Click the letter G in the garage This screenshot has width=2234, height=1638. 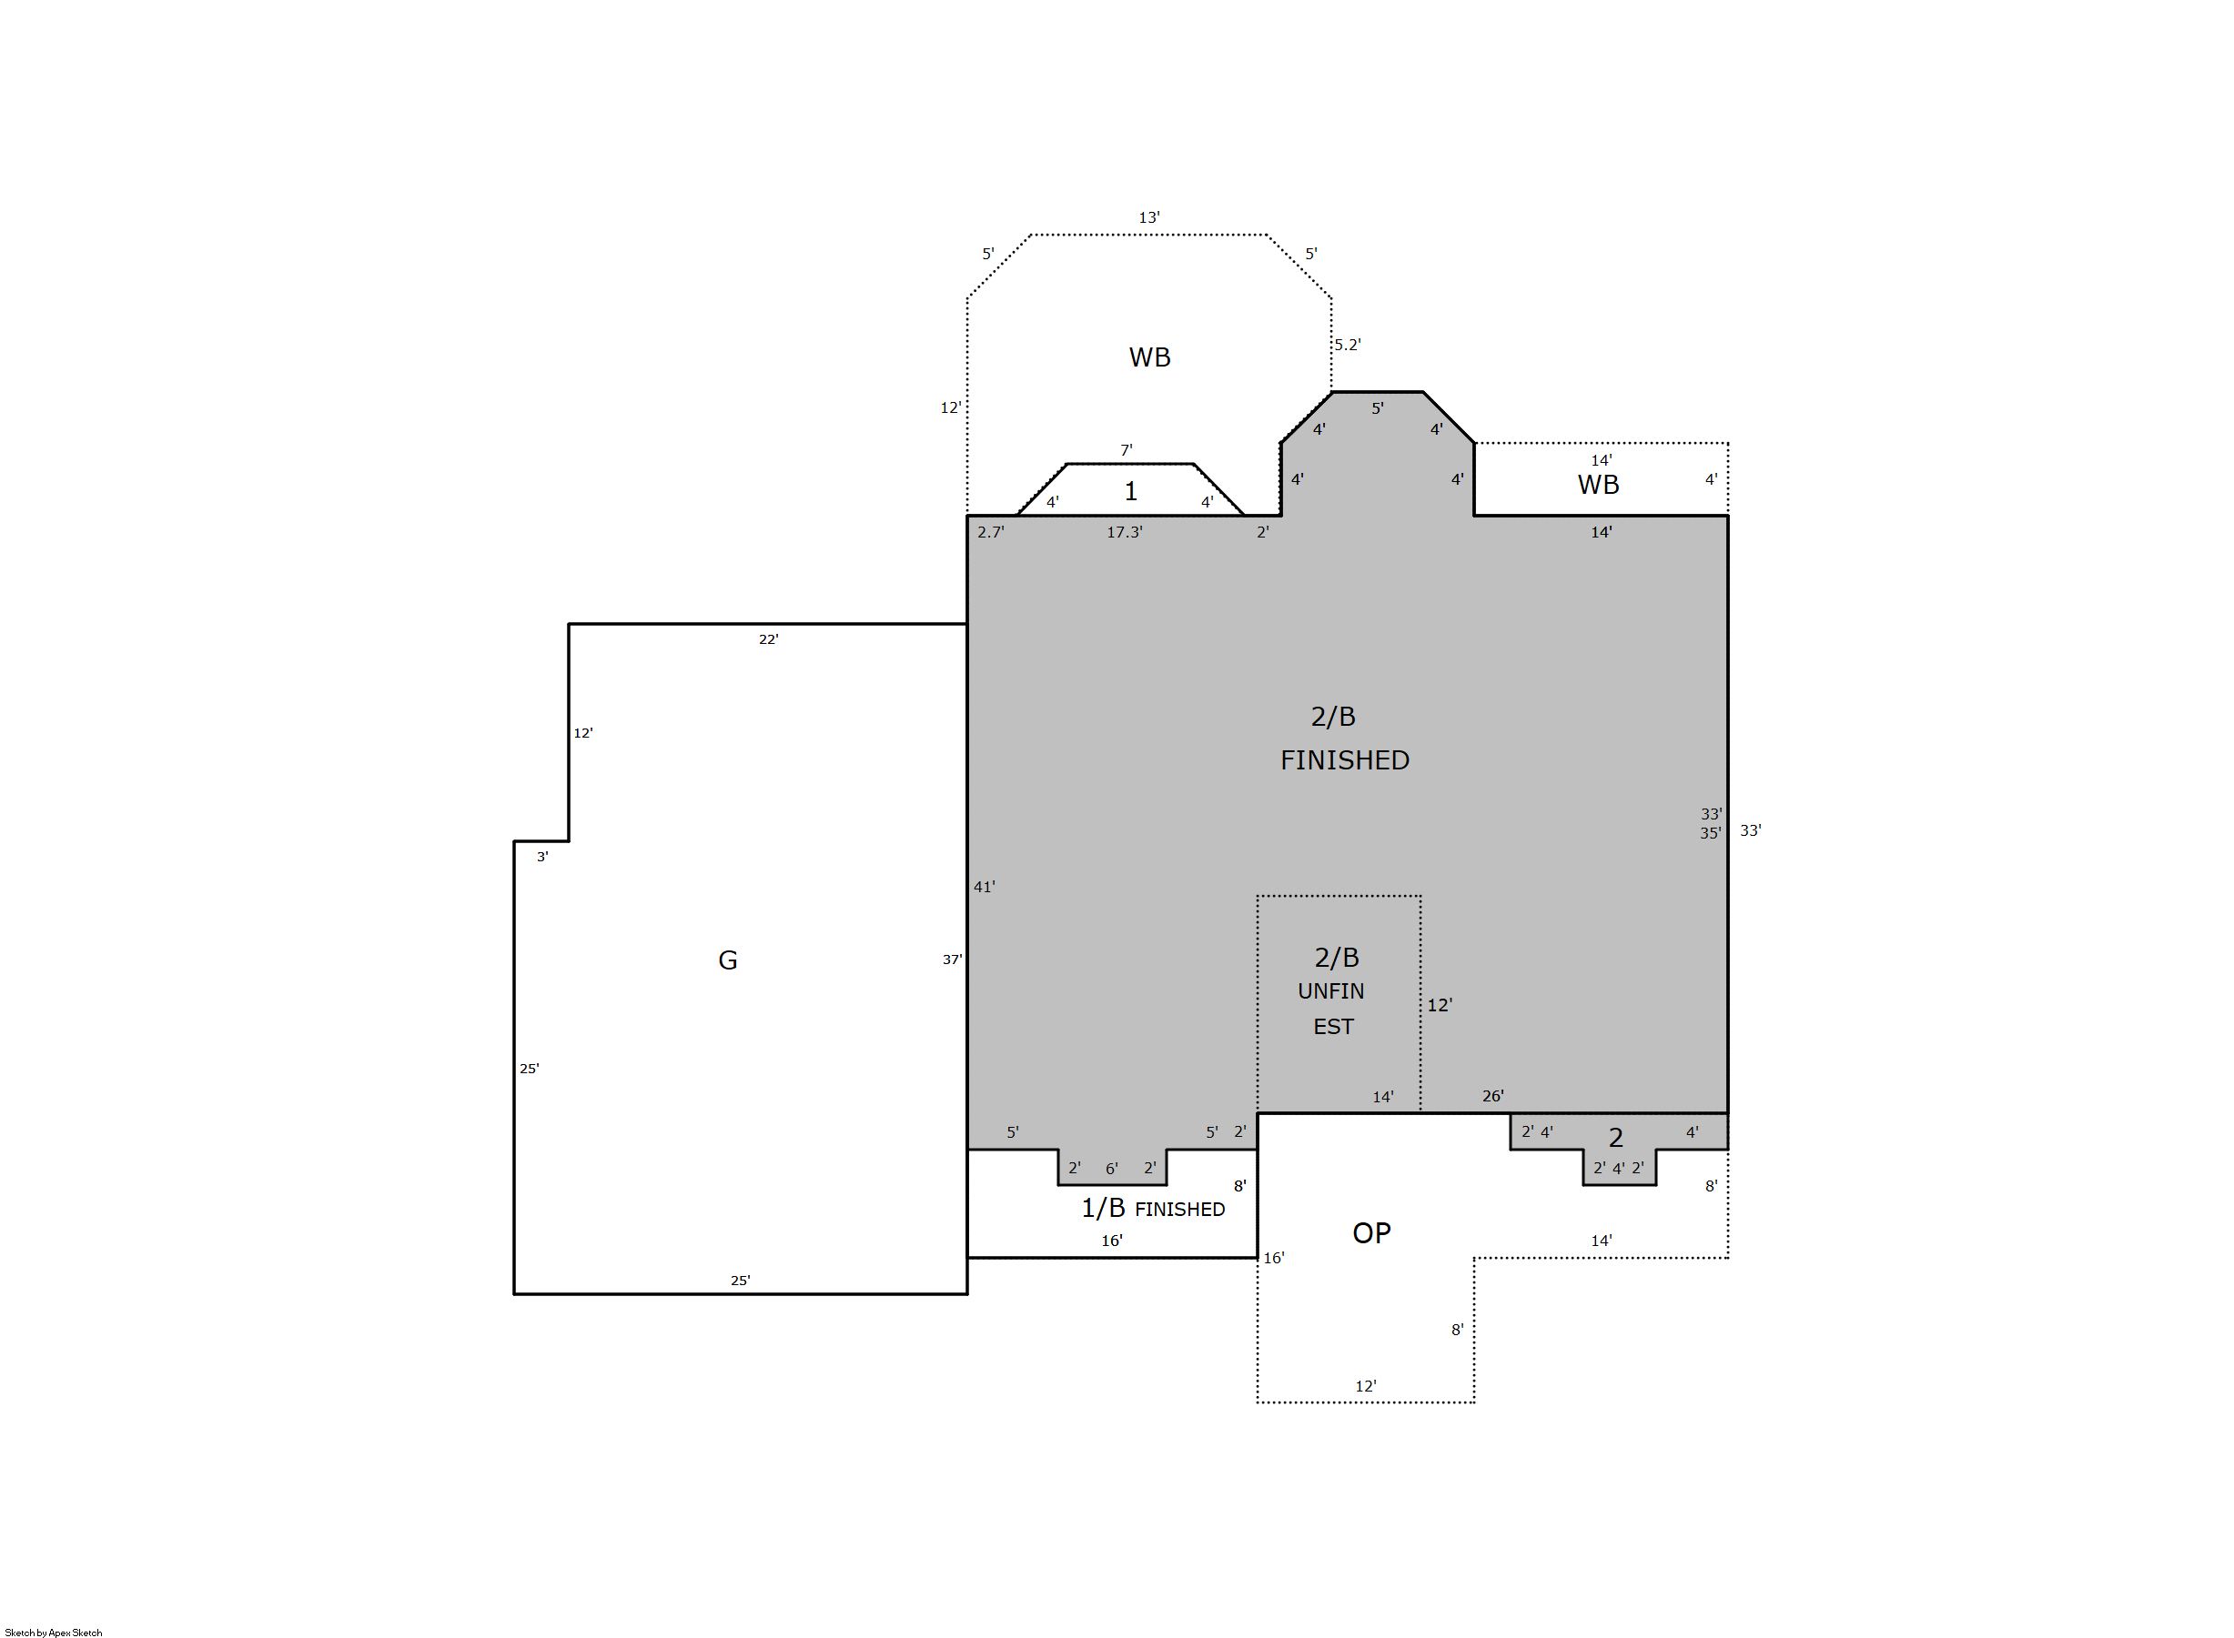pyautogui.click(x=727, y=960)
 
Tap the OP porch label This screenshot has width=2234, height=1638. pyautogui.click(x=1371, y=1232)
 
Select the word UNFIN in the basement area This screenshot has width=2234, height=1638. pyautogui.click(x=1330, y=991)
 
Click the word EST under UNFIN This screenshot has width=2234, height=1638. pyautogui.click(x=1332, y=1026)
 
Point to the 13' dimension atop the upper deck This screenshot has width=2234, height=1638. pyautogui.click(x=1148, y=217)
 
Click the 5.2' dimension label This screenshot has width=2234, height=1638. pyautogui.click(x=1347, y=345)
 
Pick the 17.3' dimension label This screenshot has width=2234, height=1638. pyautogui.click(x=1124, y=532)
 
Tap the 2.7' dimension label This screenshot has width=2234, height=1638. pyautogui.click(x=990, y=532)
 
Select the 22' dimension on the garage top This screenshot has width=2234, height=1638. pyautogui.click(x=768, y=639)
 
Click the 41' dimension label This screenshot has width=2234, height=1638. pyautogui.click(x=984, y=888)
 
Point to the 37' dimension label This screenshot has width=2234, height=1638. pyautogui.click(x=953, y=960)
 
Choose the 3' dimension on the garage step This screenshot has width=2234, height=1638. pyautogui.click(x=541, y=857)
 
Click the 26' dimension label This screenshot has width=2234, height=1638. pyautogui.click(x=1493, y=1096)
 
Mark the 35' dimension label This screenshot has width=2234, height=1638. pyautogui.click(x=1711, y=834)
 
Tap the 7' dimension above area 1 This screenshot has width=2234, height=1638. pyautogui.click(x=1126, y=450)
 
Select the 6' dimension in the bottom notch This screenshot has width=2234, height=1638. pyautogui.click(x=1112, y=1169)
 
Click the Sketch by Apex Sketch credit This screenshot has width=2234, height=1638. pyautogui.click(x=54, y=1632)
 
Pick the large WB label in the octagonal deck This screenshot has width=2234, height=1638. pyautogui.click(x=1149, y=357)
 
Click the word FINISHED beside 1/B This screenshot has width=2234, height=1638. pyautogui.click(x=1179, y=1210)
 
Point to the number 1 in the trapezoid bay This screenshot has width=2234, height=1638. pyautogui.click(x=1130, y=492)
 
